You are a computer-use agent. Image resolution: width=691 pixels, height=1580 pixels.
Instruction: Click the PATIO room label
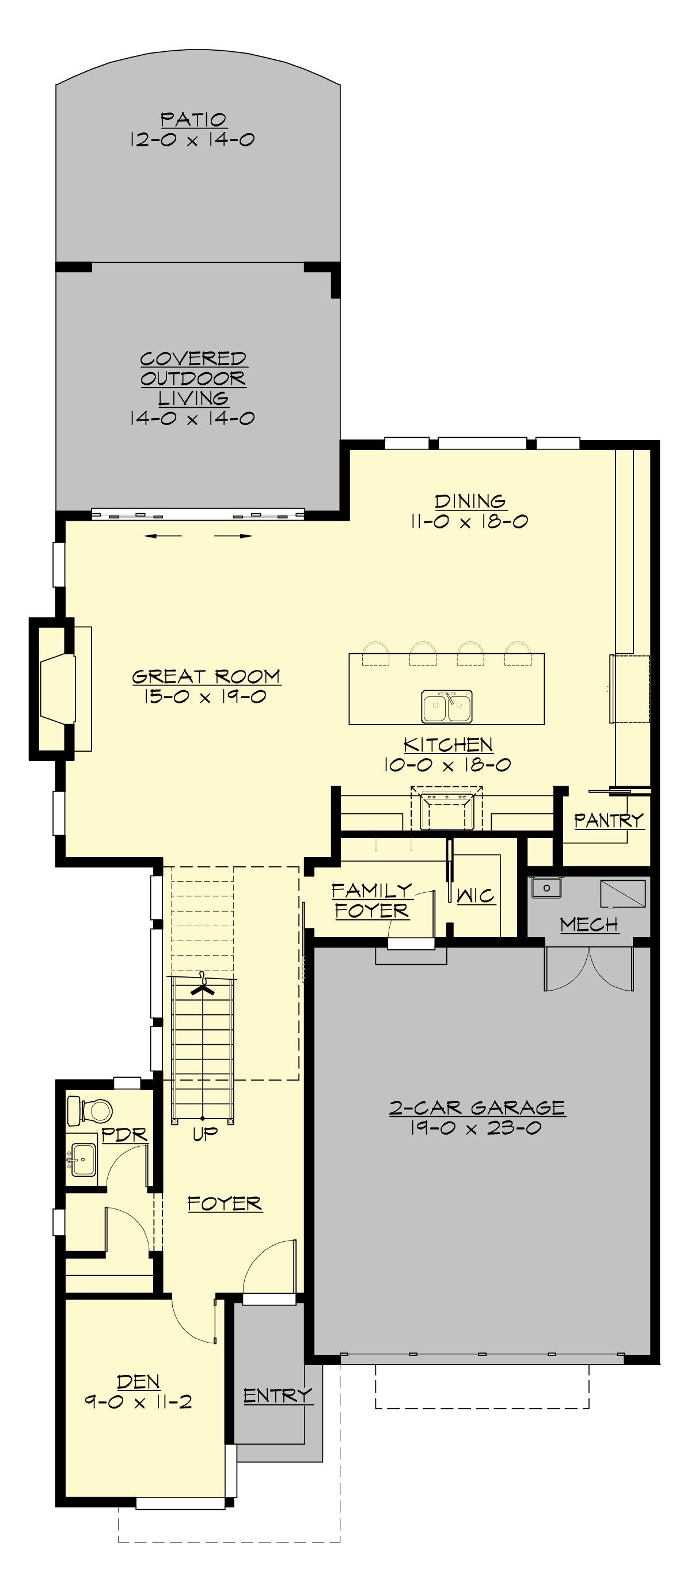(x=193, y=119)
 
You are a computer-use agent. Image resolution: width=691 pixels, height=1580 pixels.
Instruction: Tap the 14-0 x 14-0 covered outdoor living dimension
(x=192, y=418)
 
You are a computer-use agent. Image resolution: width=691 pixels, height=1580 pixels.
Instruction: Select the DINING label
(x=470, y=501)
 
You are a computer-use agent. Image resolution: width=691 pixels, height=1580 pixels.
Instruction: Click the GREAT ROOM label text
(x=206, y=677)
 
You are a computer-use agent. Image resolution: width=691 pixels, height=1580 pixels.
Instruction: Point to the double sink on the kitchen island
(x=447, y=706)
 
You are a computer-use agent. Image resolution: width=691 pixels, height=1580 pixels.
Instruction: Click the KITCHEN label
(x=448, y=745)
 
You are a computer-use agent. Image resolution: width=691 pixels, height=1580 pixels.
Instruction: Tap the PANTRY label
(x=608, y=820)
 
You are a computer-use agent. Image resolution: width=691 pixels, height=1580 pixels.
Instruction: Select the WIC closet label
(x=475, y=896)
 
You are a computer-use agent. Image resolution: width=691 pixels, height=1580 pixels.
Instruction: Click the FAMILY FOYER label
(x=371, y=900)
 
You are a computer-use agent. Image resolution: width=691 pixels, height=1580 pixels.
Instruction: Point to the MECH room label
(x=589, y=924)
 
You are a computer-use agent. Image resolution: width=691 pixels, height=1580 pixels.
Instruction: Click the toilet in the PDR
(x=90, y=1110)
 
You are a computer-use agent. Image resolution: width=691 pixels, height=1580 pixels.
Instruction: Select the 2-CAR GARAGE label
(x=477, y=1108)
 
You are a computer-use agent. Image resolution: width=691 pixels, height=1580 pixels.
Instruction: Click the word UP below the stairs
(x=205, y=1134)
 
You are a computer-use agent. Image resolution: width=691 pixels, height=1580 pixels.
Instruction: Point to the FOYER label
(x=225, y=1204)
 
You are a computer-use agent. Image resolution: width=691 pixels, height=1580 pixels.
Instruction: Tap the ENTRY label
(x=277, y=1395)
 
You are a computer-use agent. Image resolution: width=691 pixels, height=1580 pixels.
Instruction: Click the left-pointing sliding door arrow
(x=162, y=536)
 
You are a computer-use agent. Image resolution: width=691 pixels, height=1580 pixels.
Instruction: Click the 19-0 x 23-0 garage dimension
(x=476, y=1128)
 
